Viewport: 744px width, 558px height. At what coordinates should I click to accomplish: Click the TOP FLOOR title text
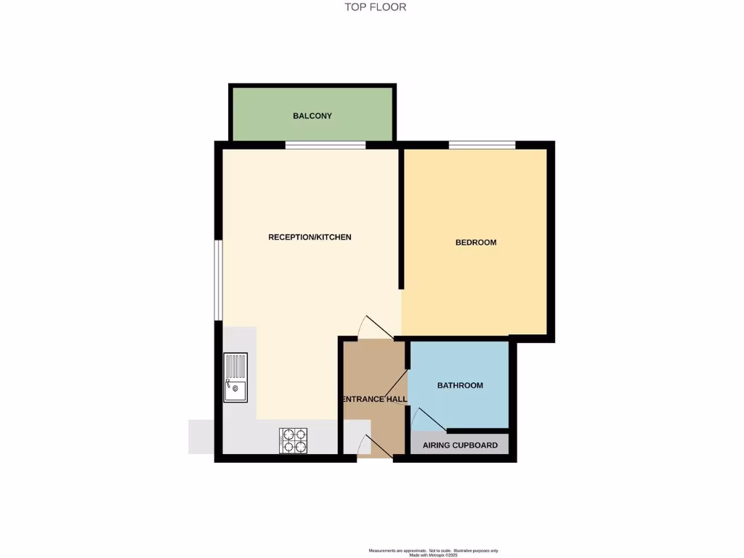click(375, 7)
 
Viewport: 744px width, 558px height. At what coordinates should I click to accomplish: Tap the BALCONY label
click(312, 116)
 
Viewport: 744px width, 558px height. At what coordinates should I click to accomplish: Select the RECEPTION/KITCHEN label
click(310, 237)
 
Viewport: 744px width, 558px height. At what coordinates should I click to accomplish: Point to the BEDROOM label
click(476, 242)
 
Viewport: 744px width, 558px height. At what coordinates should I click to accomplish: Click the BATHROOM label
click(460, 385)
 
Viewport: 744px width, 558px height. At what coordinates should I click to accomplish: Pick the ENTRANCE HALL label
click(374, 400)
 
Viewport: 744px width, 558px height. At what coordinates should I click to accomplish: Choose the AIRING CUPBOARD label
click(460, 445)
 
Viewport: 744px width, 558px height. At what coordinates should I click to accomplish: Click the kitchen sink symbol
click(235, 377)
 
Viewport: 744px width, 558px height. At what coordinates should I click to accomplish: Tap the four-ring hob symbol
click(293, 440)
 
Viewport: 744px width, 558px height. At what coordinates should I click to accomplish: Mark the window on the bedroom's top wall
click(482, 145)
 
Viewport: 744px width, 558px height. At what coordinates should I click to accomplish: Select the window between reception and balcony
click(325, 145)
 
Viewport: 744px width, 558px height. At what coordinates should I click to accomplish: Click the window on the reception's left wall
click(217, 280)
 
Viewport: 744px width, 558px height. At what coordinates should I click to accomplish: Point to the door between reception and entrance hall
click(376, 328)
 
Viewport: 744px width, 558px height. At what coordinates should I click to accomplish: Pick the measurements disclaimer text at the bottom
click(434, 552)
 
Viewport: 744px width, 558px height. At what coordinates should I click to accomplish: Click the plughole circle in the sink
click(235, 388)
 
